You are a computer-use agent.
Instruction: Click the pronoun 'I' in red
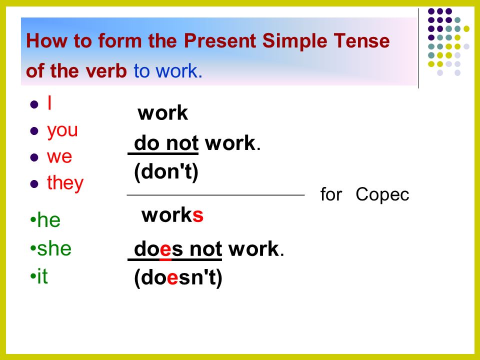point(49,103)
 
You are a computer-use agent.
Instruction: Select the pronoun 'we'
point(59,157)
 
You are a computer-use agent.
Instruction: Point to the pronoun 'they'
point(65,183)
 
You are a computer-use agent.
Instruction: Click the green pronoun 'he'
point(48,220)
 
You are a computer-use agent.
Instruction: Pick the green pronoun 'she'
point(54,248)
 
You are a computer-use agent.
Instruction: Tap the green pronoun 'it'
point(42,276)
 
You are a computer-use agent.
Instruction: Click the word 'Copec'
point(382,194)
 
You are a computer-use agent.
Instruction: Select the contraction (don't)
point(166,172)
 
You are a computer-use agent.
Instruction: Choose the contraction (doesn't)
point(178,278)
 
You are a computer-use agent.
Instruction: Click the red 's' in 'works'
point(198,215)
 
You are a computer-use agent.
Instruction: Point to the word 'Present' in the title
point(220,40)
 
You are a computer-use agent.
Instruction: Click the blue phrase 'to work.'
point(168,71)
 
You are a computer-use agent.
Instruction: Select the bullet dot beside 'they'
point(34,184)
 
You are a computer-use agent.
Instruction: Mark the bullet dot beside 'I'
point(34,104)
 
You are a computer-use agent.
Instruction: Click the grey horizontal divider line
point(215,195)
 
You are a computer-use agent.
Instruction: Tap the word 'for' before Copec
point(331,194)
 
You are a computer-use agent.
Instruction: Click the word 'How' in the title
point(46,40)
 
